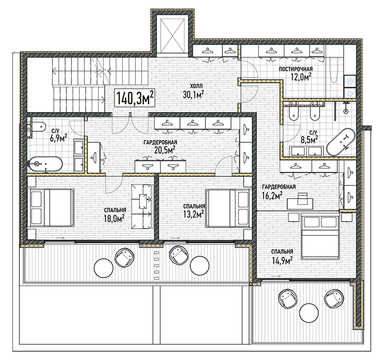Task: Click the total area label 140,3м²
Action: point(135,98)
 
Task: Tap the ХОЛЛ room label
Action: point(196,86)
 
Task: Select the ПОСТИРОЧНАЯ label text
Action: point(296,69)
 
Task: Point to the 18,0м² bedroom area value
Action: point(114,218)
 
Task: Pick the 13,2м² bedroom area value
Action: point(194,214)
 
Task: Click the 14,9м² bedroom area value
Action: point(283,260)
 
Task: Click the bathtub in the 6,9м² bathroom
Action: point(46,164)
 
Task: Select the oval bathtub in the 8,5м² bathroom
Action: point(341,142)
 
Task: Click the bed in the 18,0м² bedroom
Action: point(51,207)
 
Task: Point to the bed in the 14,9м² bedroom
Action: point(320,237)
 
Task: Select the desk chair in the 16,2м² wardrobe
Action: point(302,198)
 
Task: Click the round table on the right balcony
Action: point(309,313)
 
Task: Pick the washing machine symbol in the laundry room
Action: point(350,93)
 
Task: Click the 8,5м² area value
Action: point(309,139)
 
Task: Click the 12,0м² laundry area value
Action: point(301,77)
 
